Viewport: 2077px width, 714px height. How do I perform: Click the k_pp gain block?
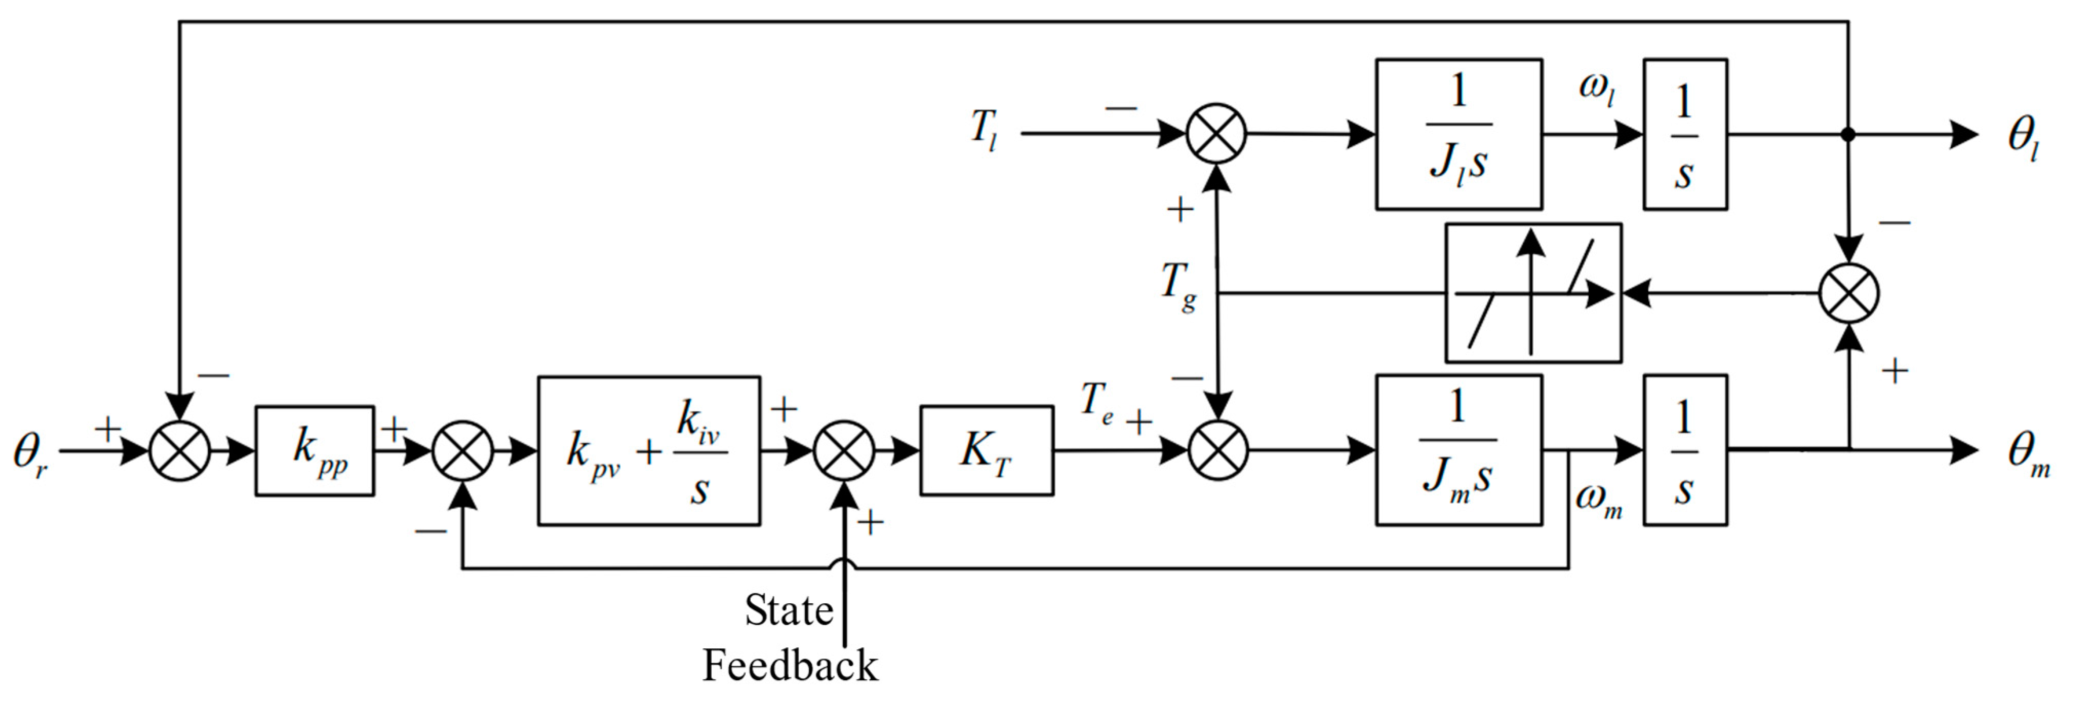(x=314, y=450)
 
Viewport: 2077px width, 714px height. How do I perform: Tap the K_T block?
(x=986, y=450)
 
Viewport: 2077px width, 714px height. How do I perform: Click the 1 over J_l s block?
(x=1458, y=134)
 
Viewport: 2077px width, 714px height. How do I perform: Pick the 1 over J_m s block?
(x=1458, y=450)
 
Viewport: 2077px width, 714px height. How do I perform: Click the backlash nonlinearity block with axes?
(x=1533, y=293)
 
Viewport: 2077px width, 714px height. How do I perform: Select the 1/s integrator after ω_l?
(x=1684, y=134)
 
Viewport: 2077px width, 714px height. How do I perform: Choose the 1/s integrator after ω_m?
(x=1684, y=450)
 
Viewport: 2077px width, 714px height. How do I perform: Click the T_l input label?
(x=983, y=129)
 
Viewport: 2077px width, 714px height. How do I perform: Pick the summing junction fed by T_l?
(x=1216, y=134)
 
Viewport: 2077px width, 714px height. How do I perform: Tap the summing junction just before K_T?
(x=844, y=450)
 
